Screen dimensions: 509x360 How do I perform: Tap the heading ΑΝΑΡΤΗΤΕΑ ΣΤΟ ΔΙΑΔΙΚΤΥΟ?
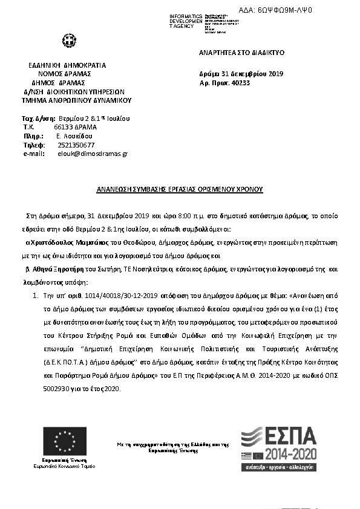242,53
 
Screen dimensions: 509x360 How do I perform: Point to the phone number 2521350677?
76,145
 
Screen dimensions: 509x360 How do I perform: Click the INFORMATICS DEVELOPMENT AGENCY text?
186,21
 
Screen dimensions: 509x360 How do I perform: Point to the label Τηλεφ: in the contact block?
34,145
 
